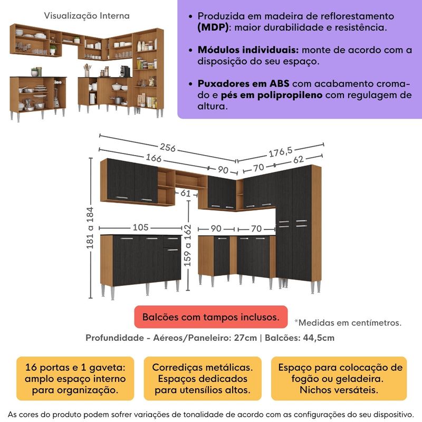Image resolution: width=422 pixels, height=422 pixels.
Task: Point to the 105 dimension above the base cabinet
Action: click(140, 228)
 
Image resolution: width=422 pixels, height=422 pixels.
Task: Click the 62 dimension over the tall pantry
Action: click(299, 159)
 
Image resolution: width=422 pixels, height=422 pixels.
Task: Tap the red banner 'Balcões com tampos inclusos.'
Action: click(210, 317)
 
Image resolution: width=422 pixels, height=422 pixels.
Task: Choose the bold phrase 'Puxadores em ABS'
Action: click(243, 84)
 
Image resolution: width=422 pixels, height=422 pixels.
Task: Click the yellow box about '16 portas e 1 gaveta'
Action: click(72, 378)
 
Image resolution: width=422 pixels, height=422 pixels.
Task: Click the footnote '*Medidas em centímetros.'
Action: click(348, 322)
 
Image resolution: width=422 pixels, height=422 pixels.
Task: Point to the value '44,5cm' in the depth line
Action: click(318, 338)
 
